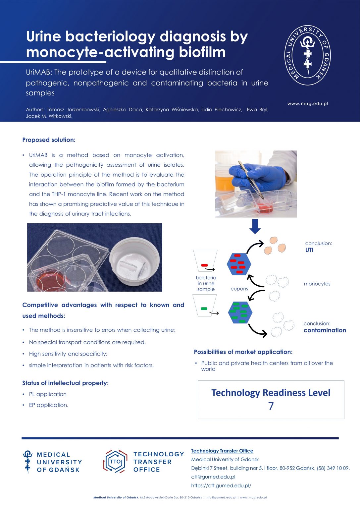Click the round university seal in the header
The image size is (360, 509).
click(308, 55)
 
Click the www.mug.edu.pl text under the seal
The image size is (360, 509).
click(307, 104)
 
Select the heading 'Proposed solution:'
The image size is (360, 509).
click(49, 140)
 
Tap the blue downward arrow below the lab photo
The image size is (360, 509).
click(255, 226)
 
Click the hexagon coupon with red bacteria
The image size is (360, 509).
click(239, 264)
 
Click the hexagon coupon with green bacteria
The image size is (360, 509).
click(240, 312)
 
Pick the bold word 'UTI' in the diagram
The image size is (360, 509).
click(309, 250)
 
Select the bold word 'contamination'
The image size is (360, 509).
click(325, 330)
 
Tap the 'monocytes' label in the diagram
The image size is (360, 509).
click(317, 284)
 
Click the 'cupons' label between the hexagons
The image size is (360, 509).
click(239, 289)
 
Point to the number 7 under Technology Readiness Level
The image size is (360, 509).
click(271, 406)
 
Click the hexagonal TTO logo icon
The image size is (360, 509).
click(115, 461)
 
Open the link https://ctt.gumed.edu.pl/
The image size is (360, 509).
click(221, 485)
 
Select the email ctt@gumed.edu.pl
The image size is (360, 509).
click(213, 477)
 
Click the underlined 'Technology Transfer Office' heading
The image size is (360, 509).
click(222, 451)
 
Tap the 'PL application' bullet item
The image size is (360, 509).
click(48, 394)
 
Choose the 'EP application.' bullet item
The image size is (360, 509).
click(49, 405)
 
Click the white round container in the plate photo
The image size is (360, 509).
click(134, 260)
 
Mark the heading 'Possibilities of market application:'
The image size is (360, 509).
click(243, 352)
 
